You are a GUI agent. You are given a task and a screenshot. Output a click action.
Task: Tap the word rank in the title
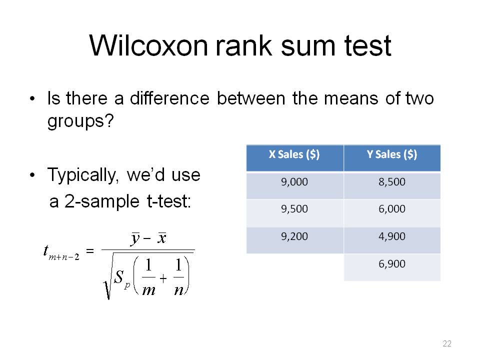(243, 45)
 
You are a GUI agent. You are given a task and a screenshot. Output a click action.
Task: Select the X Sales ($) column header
(294, 154)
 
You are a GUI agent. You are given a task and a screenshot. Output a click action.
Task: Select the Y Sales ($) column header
(392, 154)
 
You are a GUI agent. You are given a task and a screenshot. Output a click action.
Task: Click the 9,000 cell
(294, 182)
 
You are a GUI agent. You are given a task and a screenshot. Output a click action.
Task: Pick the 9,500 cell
(294, 209)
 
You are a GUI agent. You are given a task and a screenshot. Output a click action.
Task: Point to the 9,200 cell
(294, 236)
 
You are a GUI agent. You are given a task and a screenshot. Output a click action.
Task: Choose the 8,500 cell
(392, 182)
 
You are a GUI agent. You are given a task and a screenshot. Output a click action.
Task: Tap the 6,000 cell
(392, 209)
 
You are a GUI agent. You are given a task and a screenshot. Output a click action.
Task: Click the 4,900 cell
(392, 236)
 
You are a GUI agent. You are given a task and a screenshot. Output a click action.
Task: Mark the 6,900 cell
(392, 263)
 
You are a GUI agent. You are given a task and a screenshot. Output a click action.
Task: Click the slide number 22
(447, 343)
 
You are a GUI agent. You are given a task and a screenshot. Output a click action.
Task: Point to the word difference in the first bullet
(169, 98)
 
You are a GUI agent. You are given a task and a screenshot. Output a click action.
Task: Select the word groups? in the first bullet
(80, 121)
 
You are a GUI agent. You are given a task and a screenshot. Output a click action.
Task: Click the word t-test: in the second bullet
(169, 201)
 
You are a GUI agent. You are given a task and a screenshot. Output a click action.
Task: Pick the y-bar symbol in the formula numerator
(135, 239)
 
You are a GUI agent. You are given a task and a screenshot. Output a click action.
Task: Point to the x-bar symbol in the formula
(162, 238)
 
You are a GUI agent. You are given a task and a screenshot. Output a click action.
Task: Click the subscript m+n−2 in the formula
(64, 257)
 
